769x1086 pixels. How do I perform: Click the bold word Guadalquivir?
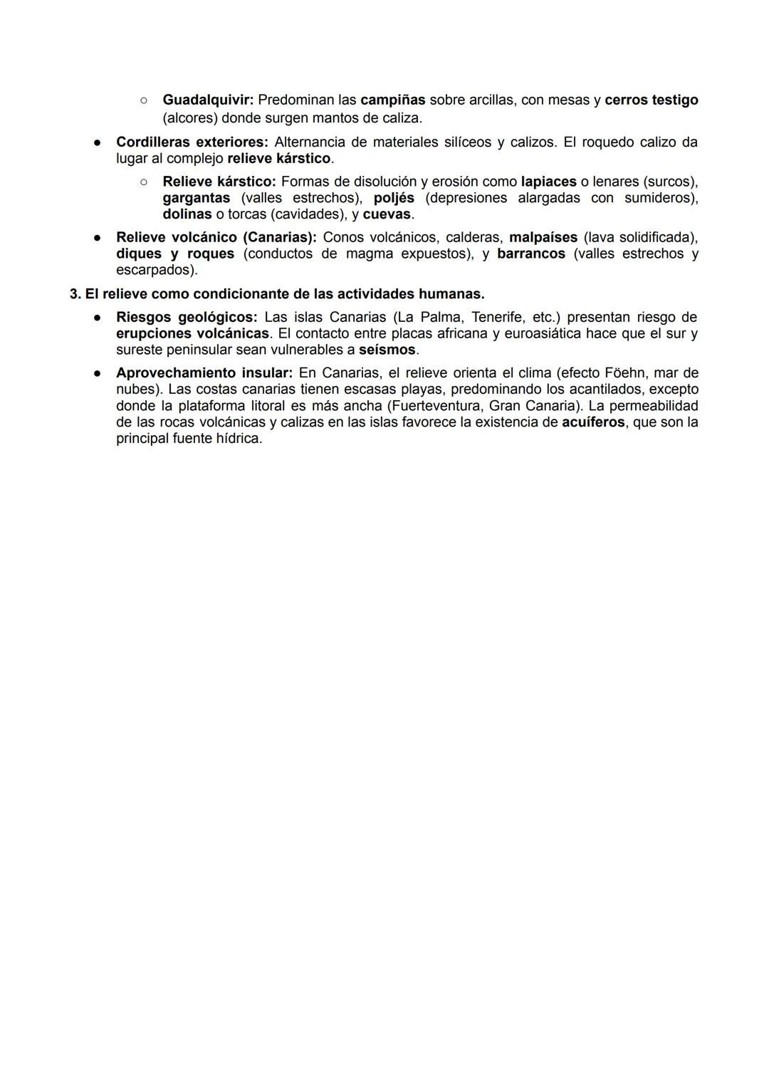[208, 100]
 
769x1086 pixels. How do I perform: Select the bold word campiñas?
[392, 100]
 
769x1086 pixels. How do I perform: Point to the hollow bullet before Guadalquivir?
[143, 100]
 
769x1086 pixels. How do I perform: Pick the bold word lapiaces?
[548, 182]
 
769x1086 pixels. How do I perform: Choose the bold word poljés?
[394, 198]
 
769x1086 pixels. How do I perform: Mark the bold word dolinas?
[187, 214]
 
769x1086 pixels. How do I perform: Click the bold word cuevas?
[387, 214]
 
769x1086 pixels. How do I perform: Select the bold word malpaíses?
[543, 237]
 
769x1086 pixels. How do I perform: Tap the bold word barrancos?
[531, 254]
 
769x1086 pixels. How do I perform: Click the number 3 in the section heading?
[73, 293]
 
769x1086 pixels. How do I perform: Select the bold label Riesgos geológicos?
[186, 317]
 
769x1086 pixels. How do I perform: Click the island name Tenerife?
[497, 317]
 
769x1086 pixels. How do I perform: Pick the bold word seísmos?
[387, 350]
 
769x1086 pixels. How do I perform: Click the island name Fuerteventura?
[432, 406]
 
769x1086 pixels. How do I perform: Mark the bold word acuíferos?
[593, 422]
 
